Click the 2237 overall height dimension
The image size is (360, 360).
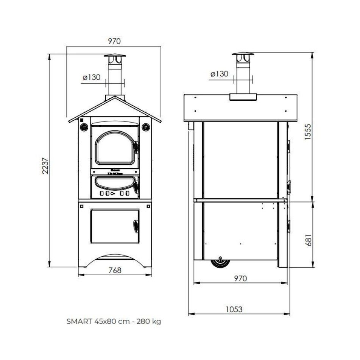point(45,165)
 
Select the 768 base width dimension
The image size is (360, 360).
point(115,270)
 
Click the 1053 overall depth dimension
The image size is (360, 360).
point(234,309)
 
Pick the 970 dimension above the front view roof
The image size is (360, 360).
point(114,42)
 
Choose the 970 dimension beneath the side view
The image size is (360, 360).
point(240,279)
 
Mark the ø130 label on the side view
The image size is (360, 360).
point(219,74)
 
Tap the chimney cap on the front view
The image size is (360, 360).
point(115,59)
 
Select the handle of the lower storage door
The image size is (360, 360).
point(136,226)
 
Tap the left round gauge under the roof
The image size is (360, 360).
point(83,126)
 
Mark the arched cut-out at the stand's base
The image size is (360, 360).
point(115,260)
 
